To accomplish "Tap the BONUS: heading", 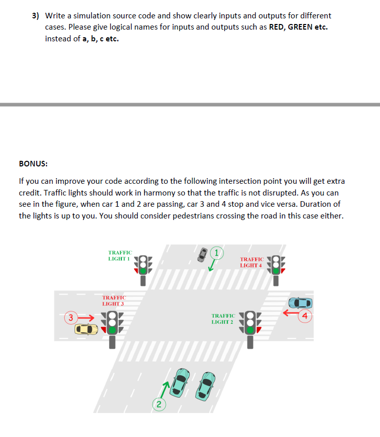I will click(x=33, y=164).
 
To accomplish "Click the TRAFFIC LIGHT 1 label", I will click(x=120, y=256).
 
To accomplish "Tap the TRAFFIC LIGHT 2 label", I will click(x=223, y=319).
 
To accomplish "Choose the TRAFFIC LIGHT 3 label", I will click(x=114, y=300).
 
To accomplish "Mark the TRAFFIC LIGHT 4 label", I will click(x=251, y=262).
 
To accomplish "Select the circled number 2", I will click(x=159, y=405).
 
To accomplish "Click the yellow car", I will click(x=86, y=330).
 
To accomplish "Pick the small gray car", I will click(x=203, y=254).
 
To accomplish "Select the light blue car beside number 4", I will click(x=300, y=303).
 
